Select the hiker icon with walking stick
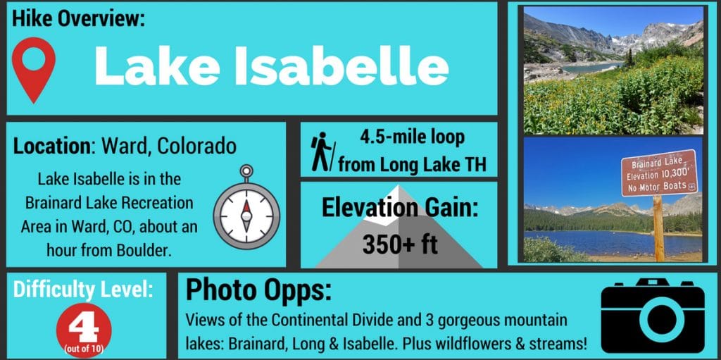(x=323, y=151)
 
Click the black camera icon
(x=653, y=316)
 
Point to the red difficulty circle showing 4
(x=84, y=330)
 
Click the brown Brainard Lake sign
(x=659, y=173)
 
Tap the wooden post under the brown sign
(x=659, y=228)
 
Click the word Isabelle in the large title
(x=341, y=65)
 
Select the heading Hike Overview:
(x=78, y=19)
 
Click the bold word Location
(x=52, y=146)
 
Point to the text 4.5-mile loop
(x=412, y=137)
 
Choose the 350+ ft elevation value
(x=400, y=244)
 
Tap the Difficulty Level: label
(x=83, y=289)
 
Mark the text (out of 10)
(x=84, y=349)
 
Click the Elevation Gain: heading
(x=400, y=208)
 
